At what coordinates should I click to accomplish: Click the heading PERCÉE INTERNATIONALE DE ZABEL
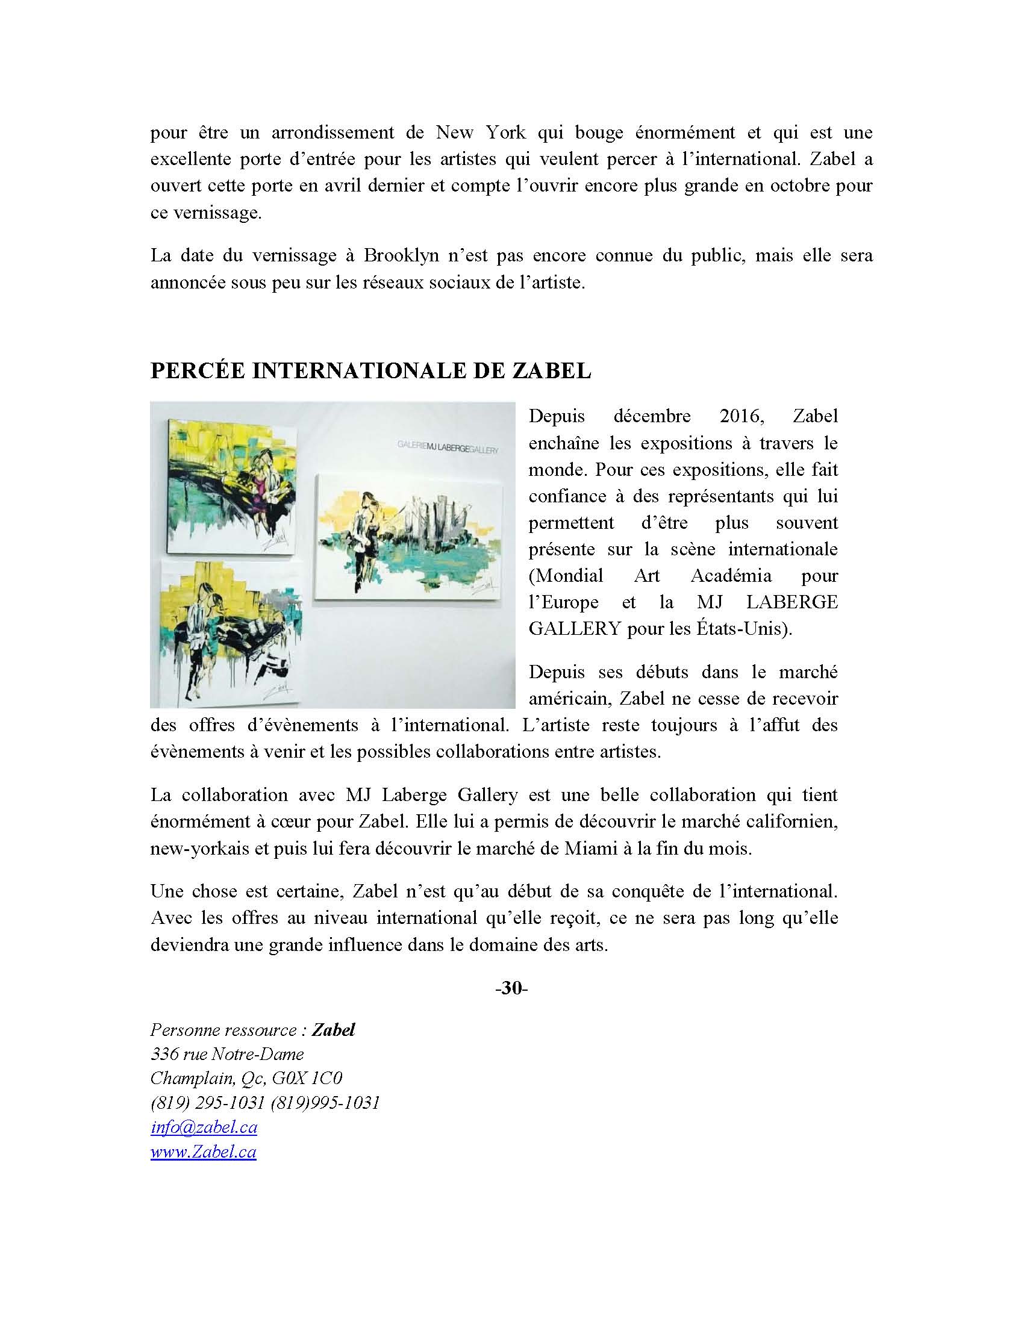370,370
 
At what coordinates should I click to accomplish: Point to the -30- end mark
511,988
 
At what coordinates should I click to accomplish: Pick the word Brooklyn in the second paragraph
401,255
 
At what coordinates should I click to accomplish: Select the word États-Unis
749,629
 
